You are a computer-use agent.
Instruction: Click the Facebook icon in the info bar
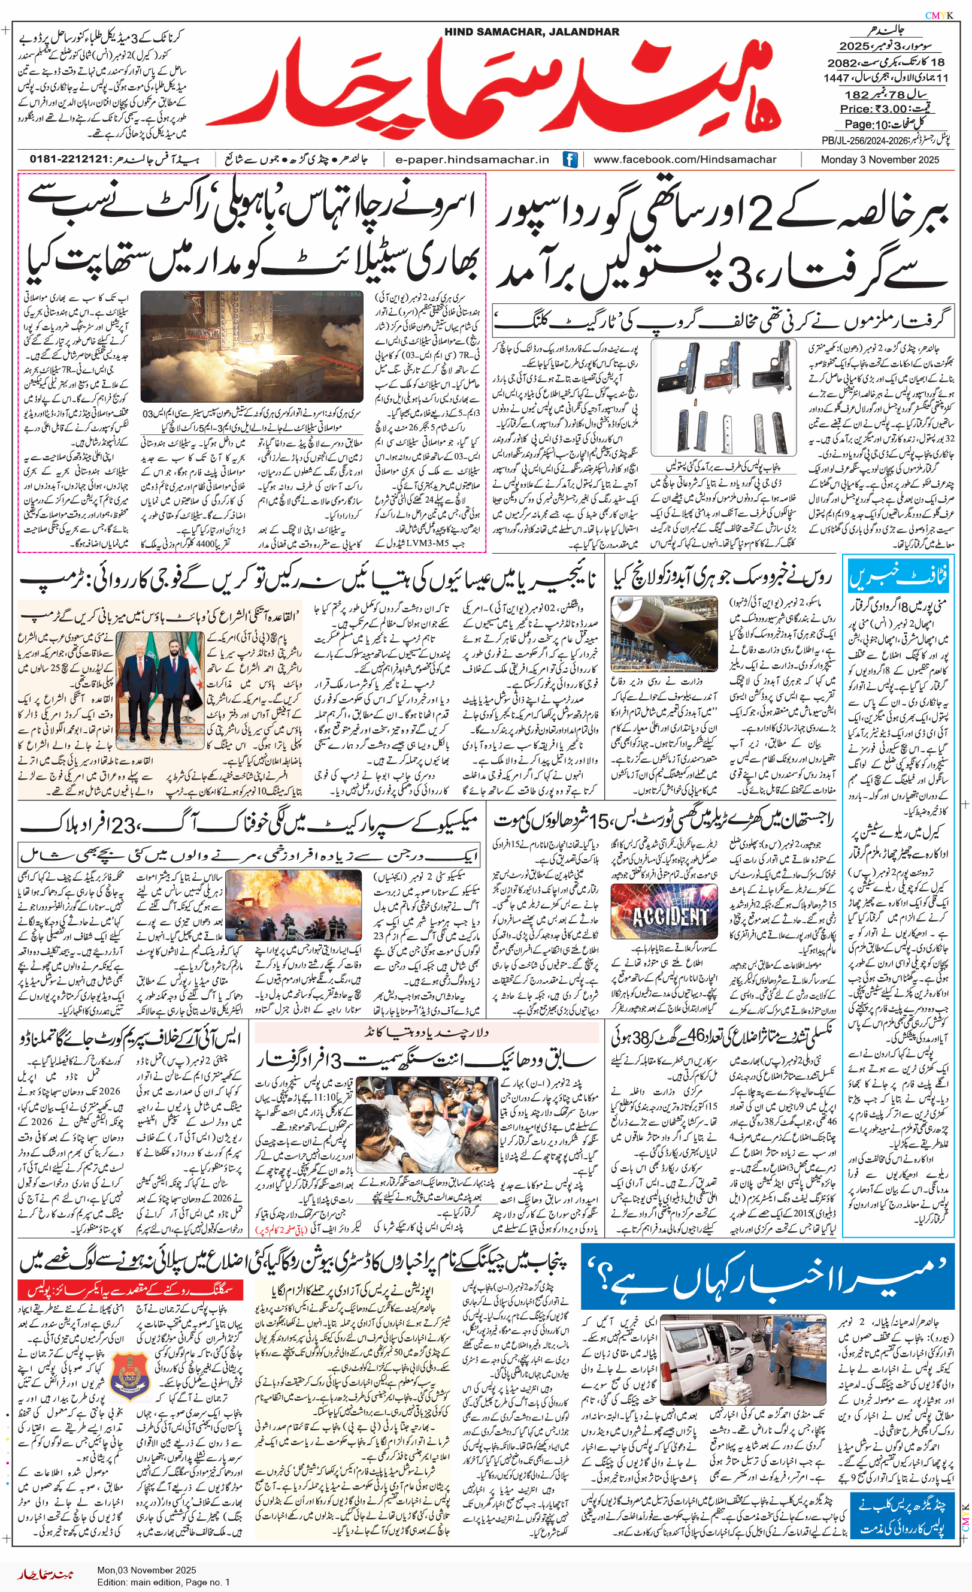[570, 159]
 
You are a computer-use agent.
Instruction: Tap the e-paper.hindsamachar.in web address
[472, 159]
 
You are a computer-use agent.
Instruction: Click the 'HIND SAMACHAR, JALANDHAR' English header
[532, 32]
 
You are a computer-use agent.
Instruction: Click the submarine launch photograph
[664, 635]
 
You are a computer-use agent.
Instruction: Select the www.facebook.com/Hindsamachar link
[685, 159]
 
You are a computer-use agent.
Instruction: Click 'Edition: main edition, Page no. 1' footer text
[163, 1582]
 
